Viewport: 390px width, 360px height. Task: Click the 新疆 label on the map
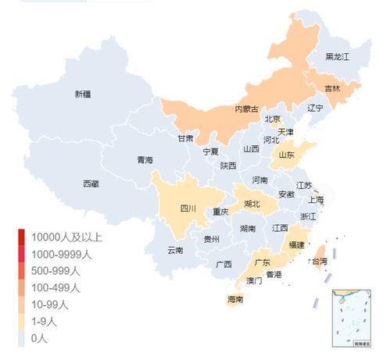tap(83, 94)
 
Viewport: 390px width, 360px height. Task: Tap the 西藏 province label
tap(91, 184)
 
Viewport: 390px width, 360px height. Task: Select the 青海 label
tap(145, 160)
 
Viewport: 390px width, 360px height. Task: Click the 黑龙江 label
tap(338, 57)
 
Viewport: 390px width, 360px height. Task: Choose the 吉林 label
tap(332, 89)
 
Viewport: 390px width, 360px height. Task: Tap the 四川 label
tap(189, 209)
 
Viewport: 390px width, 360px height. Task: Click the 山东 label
tap(287, 155)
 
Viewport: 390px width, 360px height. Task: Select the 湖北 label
tap(252, 204)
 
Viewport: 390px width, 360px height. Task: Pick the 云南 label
tap(175, 251)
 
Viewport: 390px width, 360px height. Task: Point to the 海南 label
tap(235, 299)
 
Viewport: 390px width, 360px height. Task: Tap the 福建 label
tap(296, 244)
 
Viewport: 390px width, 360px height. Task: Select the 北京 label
tap(273, 119)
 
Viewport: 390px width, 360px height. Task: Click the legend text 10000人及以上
tap(67, 237)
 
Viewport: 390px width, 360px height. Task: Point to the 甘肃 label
tap(185, 138)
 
